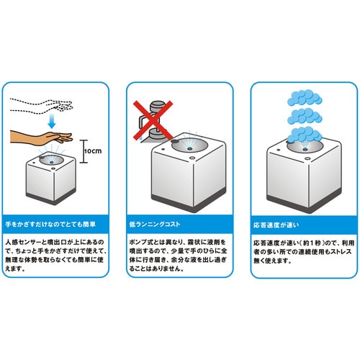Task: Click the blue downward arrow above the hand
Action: (x=52, y=122)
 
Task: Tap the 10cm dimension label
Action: (x=93, y=151)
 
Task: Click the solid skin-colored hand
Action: (x=41, y=138)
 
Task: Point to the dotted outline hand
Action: (x=41, y=106)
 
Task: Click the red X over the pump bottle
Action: (x=153, y=120)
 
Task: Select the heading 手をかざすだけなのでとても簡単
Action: (x=50, y=225)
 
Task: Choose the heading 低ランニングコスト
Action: (x=155, y=225)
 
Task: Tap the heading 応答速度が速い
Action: (x=276, y=225)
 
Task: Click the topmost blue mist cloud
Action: (x=305, y=97)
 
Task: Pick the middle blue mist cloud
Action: (x=305, y=116)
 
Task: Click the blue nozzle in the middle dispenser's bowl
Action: (x=189, y=149)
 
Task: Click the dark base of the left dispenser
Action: (x=51, y=196)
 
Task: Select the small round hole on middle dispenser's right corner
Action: (x=192, y=158)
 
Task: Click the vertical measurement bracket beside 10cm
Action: (x=84, y=151)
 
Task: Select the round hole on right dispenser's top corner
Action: (x=307, y=158)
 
